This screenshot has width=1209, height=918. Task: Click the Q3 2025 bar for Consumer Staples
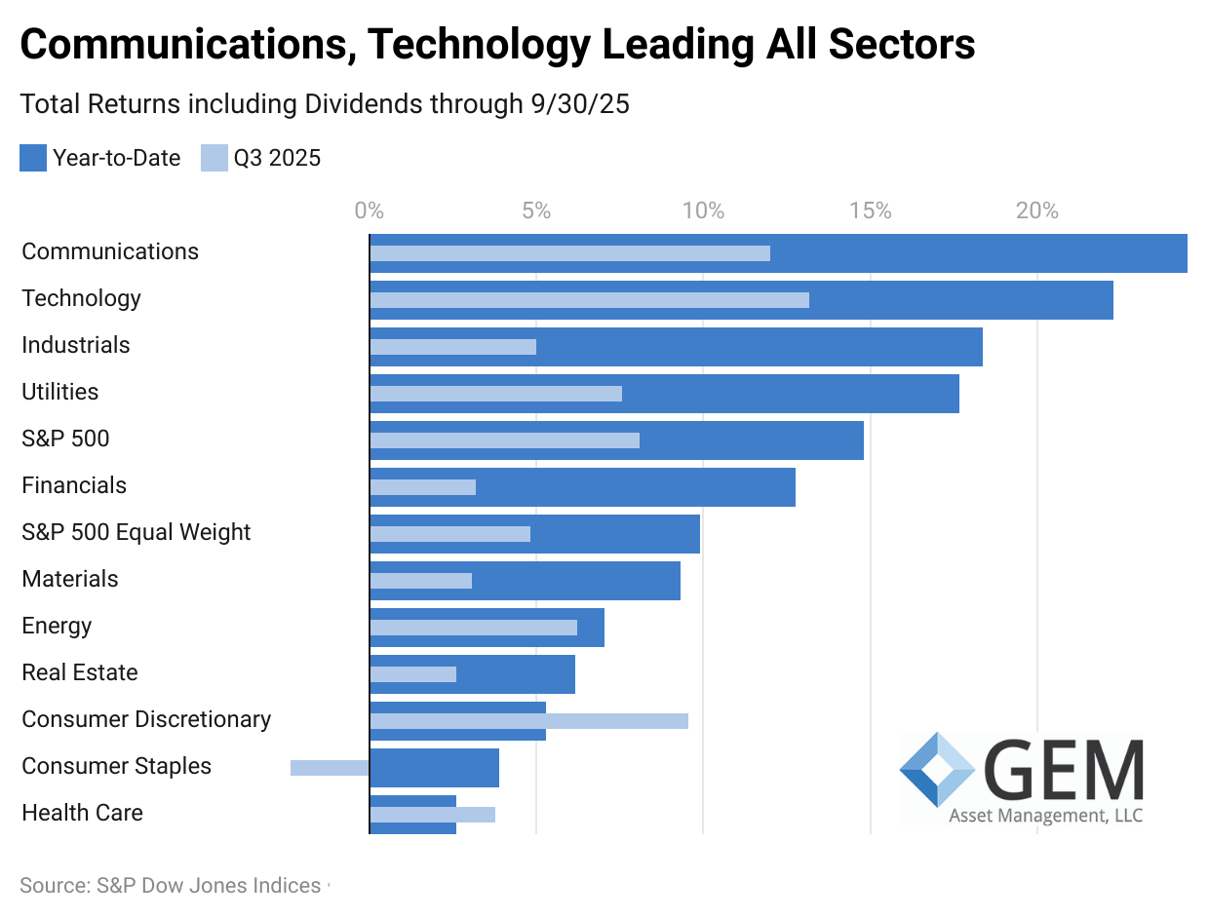(330, 768)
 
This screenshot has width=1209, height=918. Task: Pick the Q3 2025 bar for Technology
(589, 300)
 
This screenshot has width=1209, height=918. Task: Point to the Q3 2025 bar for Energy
(473, 628)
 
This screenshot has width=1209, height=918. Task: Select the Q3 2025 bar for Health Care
(432, 815)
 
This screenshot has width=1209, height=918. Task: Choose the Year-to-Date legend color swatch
(33, 158)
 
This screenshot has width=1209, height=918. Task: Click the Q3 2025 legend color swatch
(214, 158)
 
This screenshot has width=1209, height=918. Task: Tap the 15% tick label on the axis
(870, 210)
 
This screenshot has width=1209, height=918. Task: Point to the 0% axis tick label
(369, 210)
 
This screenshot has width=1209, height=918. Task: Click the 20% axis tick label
(1037, 210)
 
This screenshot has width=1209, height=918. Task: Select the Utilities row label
(60, 392)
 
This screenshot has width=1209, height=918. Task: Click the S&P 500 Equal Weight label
(136, 532)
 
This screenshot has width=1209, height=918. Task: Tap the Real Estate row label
(80, 672)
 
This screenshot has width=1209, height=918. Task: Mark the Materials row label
(70, 579)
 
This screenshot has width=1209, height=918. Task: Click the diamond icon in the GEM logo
(937, 770)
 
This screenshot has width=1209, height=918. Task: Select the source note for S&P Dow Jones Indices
(171, 886)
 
